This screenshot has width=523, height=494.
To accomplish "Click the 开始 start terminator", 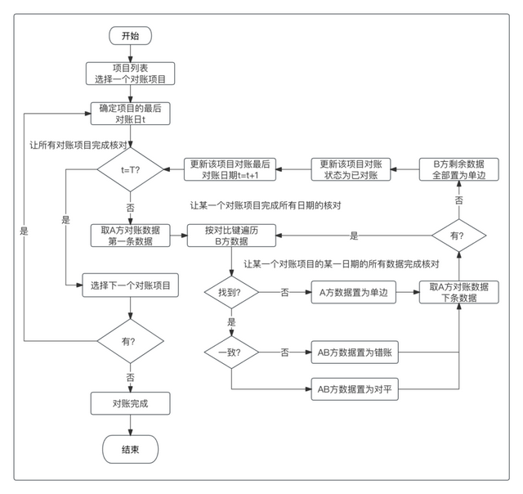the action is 130,36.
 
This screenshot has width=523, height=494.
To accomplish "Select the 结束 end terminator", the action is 130,449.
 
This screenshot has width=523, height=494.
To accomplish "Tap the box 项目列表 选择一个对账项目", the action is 130,74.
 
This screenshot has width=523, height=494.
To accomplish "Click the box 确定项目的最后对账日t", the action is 130,114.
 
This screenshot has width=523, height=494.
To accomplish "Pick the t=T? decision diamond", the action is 130,169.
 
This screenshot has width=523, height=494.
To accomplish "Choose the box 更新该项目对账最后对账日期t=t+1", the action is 230,169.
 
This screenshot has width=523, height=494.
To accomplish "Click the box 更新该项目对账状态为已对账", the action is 351,169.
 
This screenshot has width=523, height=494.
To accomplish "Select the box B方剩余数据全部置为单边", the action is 459,169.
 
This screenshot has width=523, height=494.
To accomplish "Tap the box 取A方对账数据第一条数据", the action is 130,236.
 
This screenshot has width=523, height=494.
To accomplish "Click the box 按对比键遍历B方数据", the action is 231,236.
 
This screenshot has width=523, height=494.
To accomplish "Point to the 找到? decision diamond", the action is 231,293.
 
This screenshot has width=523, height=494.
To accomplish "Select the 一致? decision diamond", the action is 231,353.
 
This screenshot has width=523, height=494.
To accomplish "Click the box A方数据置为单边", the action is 354,293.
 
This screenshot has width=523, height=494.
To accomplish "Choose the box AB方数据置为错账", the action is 355,353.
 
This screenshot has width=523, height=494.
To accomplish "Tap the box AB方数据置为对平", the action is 355,389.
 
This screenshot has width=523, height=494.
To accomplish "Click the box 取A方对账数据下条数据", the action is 459,293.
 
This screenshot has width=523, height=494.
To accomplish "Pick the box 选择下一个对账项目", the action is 130,285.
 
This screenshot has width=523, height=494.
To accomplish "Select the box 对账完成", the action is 130,403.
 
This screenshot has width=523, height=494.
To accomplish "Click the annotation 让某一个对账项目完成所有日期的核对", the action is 266,205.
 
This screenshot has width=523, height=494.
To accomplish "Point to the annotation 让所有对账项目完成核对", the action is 78,146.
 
